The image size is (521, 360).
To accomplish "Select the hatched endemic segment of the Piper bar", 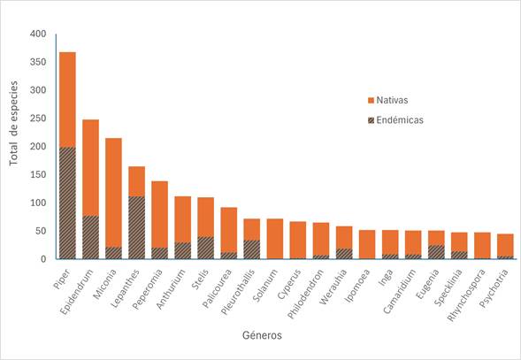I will [67, 203].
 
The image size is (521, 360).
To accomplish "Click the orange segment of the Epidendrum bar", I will [90, 167].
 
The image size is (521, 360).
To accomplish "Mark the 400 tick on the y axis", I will [37, 34].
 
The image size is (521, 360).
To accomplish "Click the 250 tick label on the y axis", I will [37, 119].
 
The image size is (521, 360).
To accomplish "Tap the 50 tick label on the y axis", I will [40, 231].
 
